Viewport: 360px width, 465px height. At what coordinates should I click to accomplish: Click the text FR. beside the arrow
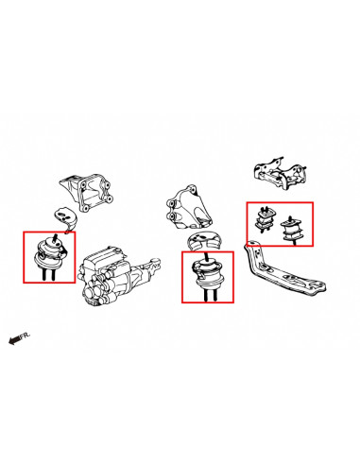pos(26,336)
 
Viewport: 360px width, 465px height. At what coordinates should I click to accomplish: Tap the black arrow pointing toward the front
pos(14,340)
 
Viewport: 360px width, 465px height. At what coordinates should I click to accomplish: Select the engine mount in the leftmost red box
pos(49,255)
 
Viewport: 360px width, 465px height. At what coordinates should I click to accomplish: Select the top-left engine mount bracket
pos(86,193)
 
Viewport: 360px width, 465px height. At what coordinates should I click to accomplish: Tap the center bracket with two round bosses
pos(188,209)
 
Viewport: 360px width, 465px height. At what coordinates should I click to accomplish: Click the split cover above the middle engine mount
pos(204,240)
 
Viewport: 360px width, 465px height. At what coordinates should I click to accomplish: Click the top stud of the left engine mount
pos(56,238)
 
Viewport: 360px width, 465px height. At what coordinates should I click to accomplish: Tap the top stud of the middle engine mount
pos(206,256)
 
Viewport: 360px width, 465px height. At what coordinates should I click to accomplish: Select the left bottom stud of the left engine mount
pos(43,274)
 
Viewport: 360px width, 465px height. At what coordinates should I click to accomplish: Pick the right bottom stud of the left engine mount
pos(53,274)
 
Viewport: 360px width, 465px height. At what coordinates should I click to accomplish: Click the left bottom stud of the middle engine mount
pos(206,295)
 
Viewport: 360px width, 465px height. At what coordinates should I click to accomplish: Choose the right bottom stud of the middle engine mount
pos(215,294)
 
